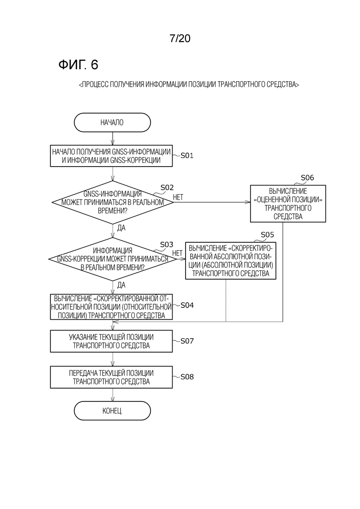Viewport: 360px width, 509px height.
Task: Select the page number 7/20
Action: pyautogui.click(x=180, y=39)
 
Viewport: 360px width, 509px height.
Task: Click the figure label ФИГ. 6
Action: pyautogui.click(x=78, y=65)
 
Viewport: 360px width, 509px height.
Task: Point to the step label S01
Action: pyautogui.click(x=186, y=156)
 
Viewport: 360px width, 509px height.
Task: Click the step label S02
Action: pyautogui.click(x=167, y=187)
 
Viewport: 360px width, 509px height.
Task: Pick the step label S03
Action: pyautogui.click(x=167, y=245)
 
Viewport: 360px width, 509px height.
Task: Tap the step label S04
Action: pyautogui.click(x=187, y=305)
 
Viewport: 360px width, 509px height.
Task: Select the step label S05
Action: pyautogui.click(x=268, y=234)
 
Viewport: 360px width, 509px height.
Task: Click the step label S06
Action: pyautogui.click(x=307, y=178)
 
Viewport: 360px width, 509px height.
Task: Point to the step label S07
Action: pyautogui.click(x=187, y=341)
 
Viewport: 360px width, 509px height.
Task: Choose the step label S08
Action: pyautogui.click(x=187, y=377)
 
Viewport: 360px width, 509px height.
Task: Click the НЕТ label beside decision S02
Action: pyautogui.click(x=178, y=197)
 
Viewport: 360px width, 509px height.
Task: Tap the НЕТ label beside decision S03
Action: pyautogui.click(x=177, y=252)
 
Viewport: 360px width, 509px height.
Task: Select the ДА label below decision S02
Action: pyautogui.click(x=121, y=228)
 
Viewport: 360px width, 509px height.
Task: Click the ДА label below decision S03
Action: pyautogui.click(x=121, y=285)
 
